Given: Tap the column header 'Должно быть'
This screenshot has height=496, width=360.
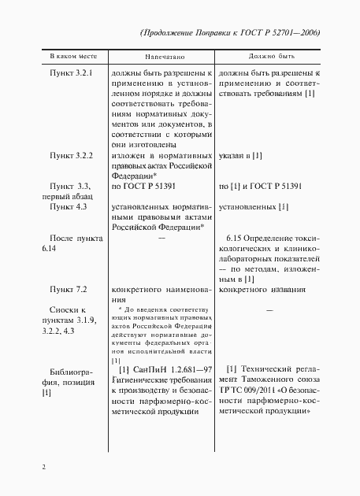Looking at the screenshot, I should pos(270,58).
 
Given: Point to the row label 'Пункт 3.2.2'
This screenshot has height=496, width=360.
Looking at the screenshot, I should pos(72,157).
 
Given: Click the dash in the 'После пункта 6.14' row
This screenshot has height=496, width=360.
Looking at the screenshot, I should pos(161,237).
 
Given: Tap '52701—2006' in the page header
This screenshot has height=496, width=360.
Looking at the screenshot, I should pos(296,32).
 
